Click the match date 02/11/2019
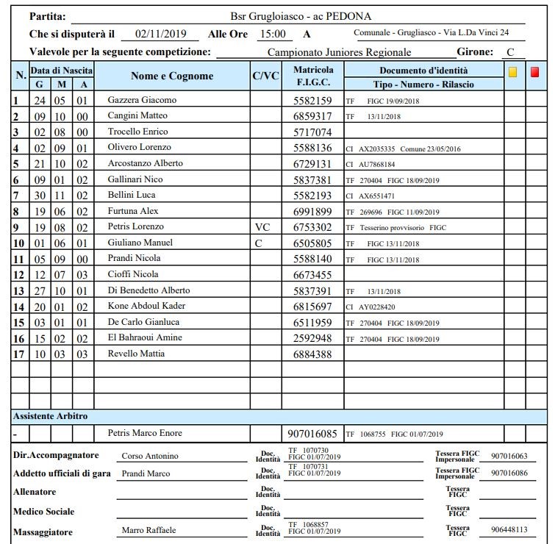pos(162,34)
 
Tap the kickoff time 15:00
pos(275,34)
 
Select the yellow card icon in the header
pos(513,72)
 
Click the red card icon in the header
pos(535,72)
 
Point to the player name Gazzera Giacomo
pos(142,100)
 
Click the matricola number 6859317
pos(312,116)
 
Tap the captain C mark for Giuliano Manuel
pos(258,243)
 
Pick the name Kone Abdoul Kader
pos(146,306)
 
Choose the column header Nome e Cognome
pos(172,76)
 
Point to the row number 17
pos(19,354)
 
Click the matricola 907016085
pos(312,434)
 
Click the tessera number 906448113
pos(509,530)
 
